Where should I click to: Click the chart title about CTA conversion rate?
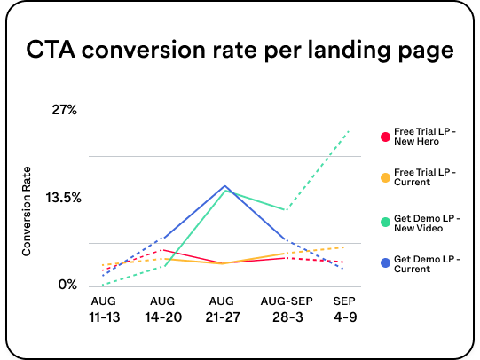(x=240, y=51)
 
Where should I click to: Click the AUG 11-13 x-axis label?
(x=103, y=309)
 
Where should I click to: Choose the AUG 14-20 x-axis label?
(x=163, y=309)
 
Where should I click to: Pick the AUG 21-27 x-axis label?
(x=224, y=309)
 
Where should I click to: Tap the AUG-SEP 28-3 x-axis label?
(x=284, y=309)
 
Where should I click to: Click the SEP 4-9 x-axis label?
(x=344, y=309)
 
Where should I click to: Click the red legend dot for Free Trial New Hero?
(x=384, y=137)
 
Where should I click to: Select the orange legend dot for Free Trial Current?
(x=384, y=178)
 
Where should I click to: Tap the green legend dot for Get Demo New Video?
(x=384, y=222)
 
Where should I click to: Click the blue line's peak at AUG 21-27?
(x=224, y=186)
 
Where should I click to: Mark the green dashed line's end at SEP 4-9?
(x=349, y=130)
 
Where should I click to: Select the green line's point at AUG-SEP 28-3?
(x=285, y=210)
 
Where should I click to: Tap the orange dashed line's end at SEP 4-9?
(x=345, y=247)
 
